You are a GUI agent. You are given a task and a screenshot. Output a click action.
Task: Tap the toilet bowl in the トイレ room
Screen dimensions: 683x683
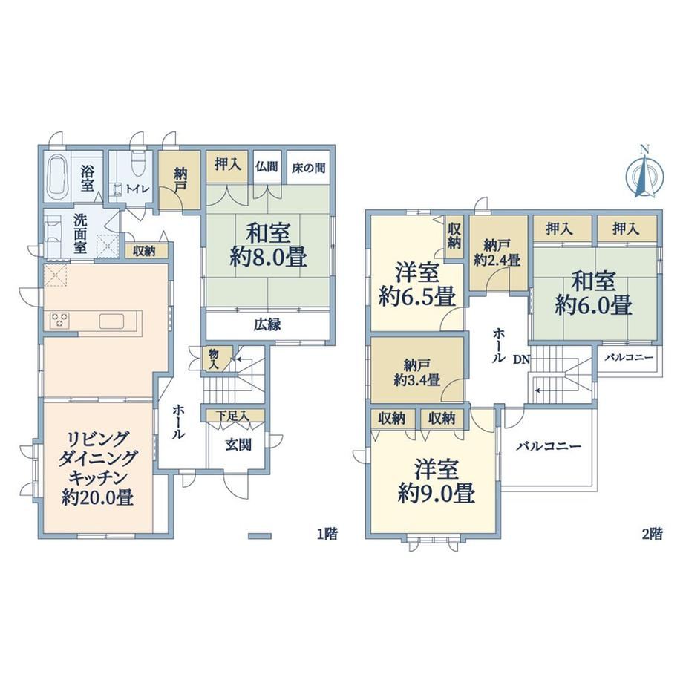click(x=137, y=164)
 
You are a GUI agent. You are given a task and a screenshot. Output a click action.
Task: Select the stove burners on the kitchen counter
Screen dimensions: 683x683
click(x=60, y=320)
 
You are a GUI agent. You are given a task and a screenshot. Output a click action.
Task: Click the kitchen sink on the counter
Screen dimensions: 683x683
click(x=111, y=321)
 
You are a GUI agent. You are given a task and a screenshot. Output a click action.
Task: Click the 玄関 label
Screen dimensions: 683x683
click(x=238, y=444)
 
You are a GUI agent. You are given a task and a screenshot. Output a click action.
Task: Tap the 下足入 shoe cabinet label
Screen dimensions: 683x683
click(x=232, y=416)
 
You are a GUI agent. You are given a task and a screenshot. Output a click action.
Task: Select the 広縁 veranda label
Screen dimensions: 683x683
click(x=267, y=324)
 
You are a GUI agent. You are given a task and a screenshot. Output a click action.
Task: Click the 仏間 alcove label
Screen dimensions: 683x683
click(x=267, y=166)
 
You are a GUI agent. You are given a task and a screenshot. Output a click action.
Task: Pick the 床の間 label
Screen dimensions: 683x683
click(x=308, y=168)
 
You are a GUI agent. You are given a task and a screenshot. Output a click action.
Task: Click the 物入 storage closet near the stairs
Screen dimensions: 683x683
click(x=214, y=359)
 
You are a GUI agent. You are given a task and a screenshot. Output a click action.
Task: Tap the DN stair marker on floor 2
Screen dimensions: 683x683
click(x=521, y=359)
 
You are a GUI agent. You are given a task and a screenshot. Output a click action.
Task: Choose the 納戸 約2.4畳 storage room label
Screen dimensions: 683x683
click(x=497, y=253)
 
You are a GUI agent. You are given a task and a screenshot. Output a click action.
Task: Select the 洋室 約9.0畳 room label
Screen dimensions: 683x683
click(x=436, y=481)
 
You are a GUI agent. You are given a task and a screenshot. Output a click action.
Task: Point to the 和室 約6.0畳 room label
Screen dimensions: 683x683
click(x=593, y=293)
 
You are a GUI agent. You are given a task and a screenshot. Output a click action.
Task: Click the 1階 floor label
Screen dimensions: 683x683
click(x=327, y=534)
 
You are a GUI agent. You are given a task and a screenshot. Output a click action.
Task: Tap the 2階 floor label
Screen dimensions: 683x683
click(x=653, y=534)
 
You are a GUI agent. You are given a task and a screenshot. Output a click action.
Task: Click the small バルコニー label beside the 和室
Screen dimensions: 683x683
click(x=630, y=358)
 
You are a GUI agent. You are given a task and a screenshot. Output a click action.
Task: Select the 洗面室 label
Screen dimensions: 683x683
click(x=80, y=233)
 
